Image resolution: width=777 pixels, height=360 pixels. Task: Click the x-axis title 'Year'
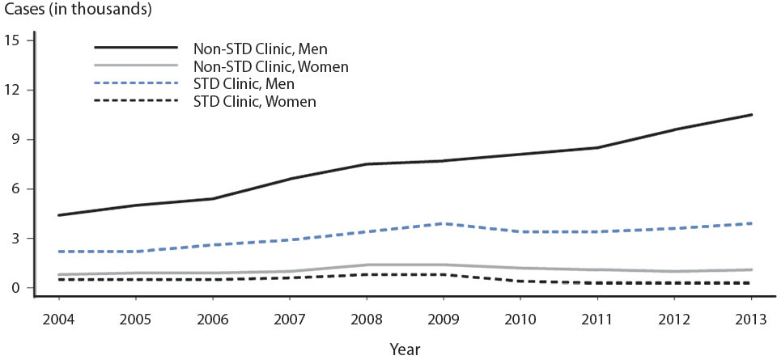tap(405, 349)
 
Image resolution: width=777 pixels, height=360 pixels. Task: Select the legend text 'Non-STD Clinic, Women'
tap(270, 66)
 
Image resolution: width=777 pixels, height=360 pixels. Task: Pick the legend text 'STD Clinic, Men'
tap(244, 83)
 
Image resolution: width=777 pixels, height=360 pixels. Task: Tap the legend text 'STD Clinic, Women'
tap(254, 101)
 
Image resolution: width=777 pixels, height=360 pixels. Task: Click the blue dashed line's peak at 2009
tap(444, 223)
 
